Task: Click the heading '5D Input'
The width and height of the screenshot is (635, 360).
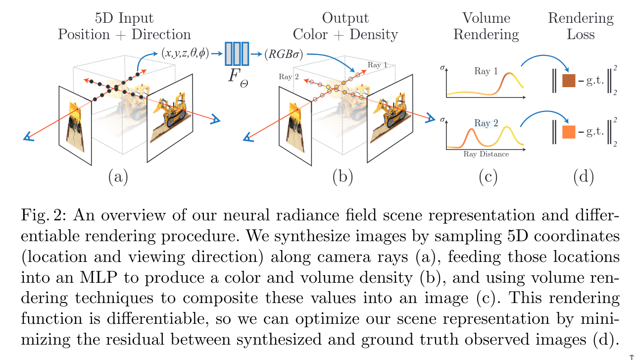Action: [124, 19]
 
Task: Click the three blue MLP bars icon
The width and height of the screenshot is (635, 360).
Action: [237, 53]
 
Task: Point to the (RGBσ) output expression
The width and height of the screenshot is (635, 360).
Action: [284, 53]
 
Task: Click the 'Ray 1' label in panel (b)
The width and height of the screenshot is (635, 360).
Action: [377, 65]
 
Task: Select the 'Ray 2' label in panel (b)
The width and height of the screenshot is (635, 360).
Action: [289, 77]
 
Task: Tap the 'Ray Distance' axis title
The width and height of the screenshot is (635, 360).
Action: [486, 154]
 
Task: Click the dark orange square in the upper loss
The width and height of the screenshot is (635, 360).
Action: [569, 80]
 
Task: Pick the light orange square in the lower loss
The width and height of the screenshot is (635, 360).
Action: [569, 132]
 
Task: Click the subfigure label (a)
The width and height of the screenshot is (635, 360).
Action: [118, 176]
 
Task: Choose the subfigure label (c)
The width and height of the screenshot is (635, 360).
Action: [488, 176]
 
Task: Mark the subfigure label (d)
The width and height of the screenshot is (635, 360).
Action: [583, 176]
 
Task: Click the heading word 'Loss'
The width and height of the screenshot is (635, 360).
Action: [581, 35]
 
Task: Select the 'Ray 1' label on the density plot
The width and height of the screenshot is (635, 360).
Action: [486, 71]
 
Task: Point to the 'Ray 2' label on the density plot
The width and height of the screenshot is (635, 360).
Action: [486, 123]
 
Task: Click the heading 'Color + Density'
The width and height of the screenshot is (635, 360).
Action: [345, 35]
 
